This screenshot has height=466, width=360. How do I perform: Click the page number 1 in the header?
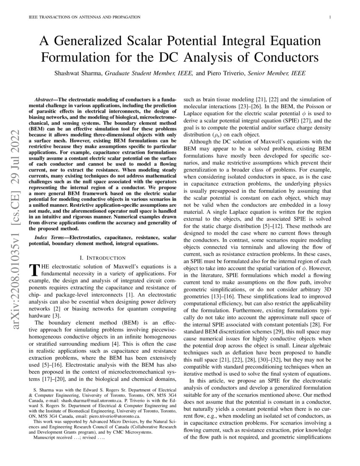tap(329, 17)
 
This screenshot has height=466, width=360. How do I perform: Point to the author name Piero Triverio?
tap(223, 73)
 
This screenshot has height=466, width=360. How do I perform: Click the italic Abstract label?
tap(45, 98)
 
